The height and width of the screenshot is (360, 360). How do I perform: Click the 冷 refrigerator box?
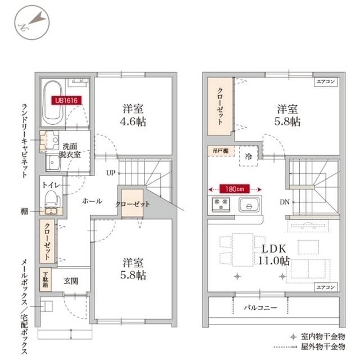(249, 156)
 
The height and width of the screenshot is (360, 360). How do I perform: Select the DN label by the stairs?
(283, 201)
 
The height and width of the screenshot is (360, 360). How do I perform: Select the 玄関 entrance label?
(70, 280)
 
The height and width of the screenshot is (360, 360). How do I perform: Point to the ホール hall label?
(92, 201)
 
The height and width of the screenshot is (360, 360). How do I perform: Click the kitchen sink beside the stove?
(248, 205)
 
